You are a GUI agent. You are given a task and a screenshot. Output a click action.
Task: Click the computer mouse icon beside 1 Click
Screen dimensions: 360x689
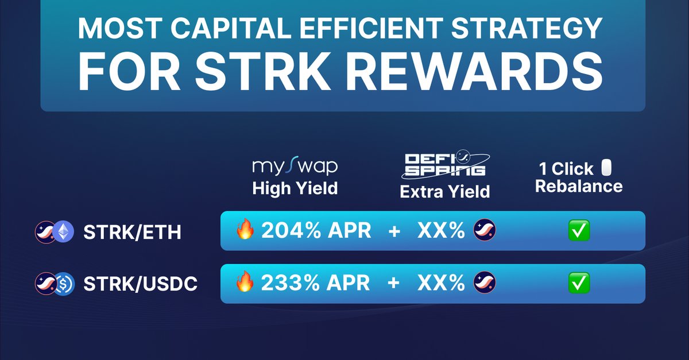[x=606, y=168]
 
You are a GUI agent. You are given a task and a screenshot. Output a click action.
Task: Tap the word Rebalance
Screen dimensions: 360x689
[x=579, y=186]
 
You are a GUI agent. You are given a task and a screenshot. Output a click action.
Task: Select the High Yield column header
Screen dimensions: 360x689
[x=295, y=188]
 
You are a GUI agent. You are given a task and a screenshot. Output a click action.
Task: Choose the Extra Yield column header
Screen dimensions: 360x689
[x=444, y=191]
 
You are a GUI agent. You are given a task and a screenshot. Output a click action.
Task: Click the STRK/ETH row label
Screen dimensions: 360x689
[x=133, y=232]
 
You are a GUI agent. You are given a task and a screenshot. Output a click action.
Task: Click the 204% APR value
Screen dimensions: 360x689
[x=316, y=231]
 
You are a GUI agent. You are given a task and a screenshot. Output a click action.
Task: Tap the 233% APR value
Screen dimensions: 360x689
[x=316, y=283]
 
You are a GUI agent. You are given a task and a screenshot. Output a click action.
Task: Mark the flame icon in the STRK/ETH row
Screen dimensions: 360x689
[x=245, y=230]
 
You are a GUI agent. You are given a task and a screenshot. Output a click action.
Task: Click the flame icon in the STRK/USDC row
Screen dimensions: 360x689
[x=245, y=282]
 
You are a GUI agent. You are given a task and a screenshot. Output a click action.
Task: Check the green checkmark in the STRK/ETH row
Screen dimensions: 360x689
[x=579, y=231]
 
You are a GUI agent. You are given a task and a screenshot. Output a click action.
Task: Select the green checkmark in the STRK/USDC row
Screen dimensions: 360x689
[x=579, y=283]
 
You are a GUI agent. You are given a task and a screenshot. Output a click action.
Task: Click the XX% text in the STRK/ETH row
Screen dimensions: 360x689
[x=440, y=231]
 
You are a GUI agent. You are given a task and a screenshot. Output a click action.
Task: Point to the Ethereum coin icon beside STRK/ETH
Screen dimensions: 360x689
[x=64, y=231]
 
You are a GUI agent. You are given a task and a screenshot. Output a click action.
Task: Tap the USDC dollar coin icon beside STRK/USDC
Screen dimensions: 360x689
[x=64, y=284]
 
